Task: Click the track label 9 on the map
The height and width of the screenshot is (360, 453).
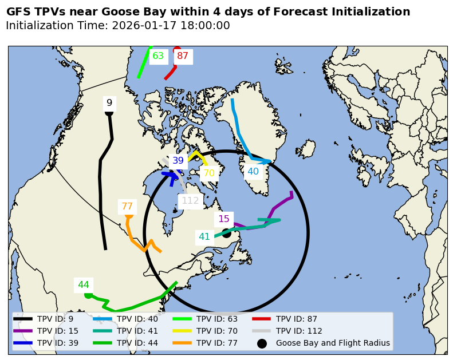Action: coord(109,103)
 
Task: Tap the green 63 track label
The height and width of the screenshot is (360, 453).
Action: coord(158,56)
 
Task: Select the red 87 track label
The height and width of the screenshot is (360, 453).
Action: coord(183,56)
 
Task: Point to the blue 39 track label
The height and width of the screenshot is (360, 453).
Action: coord(178,161)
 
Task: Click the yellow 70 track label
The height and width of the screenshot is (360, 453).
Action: coord(209,173)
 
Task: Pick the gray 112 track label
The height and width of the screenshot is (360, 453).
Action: coord(190,201)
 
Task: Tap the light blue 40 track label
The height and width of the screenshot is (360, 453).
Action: coord(253,171)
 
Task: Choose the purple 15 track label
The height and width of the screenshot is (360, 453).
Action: coord(224,219)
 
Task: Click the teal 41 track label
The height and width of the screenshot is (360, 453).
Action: coord(204,237)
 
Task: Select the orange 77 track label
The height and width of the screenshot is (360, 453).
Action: coord(127,207)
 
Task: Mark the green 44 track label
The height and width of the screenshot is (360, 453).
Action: coord(84,285)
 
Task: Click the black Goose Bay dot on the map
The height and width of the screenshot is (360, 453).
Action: coord(226,233)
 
